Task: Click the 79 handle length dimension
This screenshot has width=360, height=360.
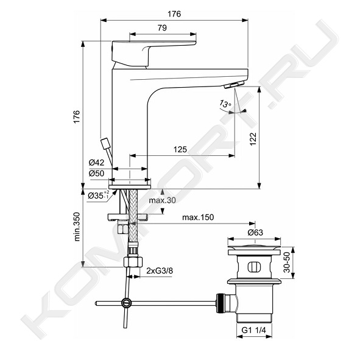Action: point(162,28)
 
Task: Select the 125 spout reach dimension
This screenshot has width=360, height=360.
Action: point(180,149)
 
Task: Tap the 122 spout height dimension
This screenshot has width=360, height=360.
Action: point(253,139)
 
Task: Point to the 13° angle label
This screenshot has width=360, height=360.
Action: point(225,104)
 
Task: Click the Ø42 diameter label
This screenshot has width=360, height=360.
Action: point(96,163)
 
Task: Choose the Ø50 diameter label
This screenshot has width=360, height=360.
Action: point(96,174)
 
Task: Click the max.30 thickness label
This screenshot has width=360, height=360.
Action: point(162,200)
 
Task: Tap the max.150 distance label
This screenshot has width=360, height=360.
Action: point(198,217)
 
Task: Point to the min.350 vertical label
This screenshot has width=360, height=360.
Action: point(77,227)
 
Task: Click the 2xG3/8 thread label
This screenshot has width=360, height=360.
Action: point(160,270)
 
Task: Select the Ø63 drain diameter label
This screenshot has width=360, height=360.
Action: point(255,233)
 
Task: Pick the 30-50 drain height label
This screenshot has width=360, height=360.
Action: point(286,263)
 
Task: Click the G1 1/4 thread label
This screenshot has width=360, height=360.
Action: point(253,330)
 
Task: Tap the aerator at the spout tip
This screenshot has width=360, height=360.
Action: point(233,85)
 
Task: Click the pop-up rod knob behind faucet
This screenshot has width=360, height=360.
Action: point(105,143)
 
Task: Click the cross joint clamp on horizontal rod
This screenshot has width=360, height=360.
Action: point(127,303)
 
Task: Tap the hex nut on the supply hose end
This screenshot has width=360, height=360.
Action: point(133,262)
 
